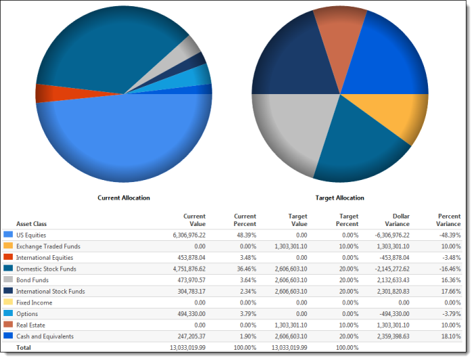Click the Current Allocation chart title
tap(123, 198)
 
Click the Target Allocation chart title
tap(340, 198)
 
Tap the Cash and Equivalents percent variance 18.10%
tap(448, 336)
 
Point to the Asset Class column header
tap(32, 223)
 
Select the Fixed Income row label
tap(35, 302)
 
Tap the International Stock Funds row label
tap(51, 291)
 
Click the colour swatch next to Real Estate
tap(8, 325)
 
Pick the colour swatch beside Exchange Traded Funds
tap(8, 246)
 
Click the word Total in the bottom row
tap(24, 348)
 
